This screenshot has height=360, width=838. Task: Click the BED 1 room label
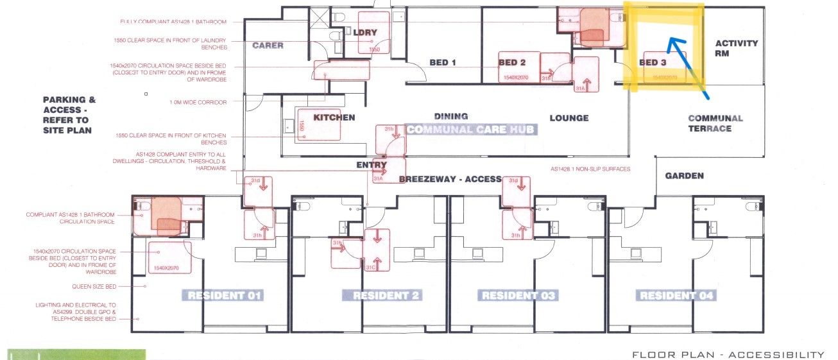tap(443, 63)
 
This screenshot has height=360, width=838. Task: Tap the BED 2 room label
tap(512, 63)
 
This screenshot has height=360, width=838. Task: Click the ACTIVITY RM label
tap(737, 49)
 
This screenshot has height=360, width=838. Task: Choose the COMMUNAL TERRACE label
tap(715, 123)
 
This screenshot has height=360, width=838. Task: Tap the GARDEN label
tap(684, 176)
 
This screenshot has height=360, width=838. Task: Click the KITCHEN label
tap(334, 117)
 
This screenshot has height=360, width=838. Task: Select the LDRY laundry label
tap(365, 33)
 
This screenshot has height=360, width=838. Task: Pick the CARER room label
tap(268, 46)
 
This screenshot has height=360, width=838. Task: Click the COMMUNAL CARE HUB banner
tap(471, 129)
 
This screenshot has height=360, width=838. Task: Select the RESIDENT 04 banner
tap(677, 296)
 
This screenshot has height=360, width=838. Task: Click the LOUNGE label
tap(569, 118)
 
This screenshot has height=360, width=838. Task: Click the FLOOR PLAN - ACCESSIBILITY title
tap(728, 355)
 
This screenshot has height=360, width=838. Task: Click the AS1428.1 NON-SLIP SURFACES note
tap(590, 169)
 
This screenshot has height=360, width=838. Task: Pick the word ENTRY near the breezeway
tap(372, 165)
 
